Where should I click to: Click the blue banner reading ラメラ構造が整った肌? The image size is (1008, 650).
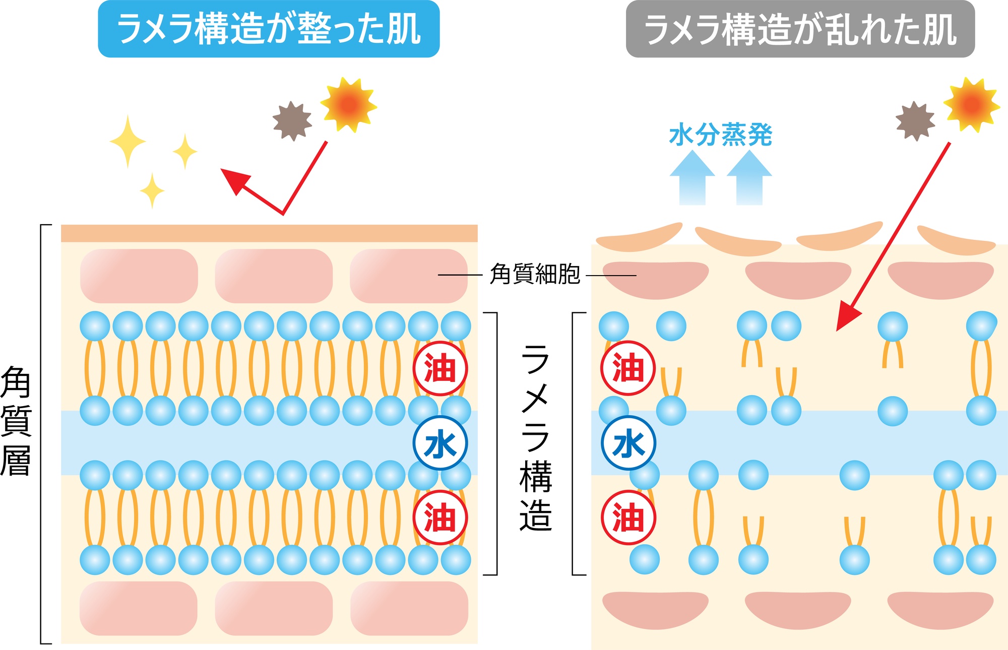coord(269,29)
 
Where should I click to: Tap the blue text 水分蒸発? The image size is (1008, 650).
coord(721,135)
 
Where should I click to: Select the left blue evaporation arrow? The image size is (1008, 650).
coord(692,179)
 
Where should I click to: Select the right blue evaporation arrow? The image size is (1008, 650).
coord(749,179)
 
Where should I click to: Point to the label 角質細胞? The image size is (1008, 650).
coord(535,275)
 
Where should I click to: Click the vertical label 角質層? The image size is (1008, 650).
coord(16,421)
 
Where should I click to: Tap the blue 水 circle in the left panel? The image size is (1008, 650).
coord(440,443)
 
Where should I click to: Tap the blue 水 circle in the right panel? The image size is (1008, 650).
coord(628,443)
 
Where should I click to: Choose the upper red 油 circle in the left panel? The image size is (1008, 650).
coord(440,368)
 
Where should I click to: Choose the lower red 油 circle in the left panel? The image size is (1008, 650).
coord(440,517)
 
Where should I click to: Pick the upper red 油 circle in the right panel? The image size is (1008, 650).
coord(628,368)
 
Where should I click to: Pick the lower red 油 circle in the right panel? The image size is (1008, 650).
coord(628,517)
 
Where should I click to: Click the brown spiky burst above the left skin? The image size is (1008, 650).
coord(292,121)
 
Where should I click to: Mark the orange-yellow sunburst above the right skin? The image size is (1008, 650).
coord(972,105)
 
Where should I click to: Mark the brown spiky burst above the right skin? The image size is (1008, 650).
coord(915,121)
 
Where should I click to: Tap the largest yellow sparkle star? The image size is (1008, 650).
coord(128,142)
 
